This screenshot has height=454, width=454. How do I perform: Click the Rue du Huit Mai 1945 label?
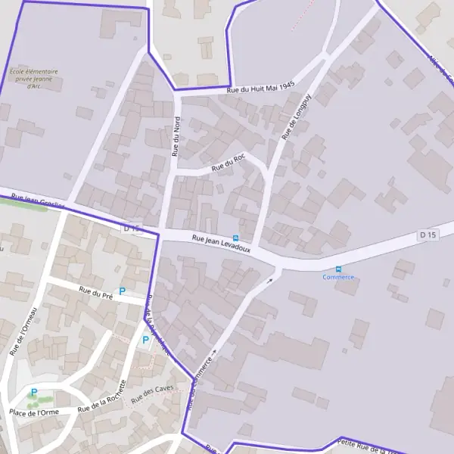[260, 89]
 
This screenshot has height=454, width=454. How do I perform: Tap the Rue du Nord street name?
[177, 136]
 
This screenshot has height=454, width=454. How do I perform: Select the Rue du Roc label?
[229, 161]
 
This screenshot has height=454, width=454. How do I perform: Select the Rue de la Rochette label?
[101, 396]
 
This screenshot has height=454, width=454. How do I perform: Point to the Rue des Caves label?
[153, 393]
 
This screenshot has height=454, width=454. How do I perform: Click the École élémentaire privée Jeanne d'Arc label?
[33, 79]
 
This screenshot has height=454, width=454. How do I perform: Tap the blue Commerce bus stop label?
[338, 277]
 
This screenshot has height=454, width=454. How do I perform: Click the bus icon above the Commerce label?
[338, 269]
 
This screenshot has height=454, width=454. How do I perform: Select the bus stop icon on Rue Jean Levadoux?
[244, 238]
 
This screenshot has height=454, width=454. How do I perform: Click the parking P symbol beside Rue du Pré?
[122, 291]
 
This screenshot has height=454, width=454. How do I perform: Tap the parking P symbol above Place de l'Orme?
[33, 392]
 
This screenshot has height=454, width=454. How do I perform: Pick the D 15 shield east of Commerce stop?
[428, 235]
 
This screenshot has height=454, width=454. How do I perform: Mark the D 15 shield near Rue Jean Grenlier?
[132, 227]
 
